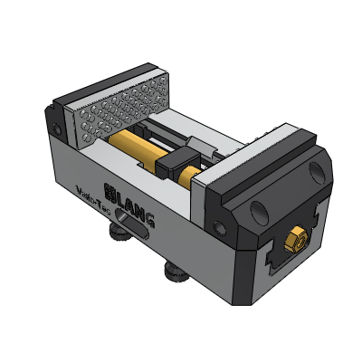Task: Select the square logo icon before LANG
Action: (x=112, y=192)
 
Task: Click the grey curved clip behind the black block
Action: (x=203, y=148)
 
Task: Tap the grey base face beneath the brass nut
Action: (x=299, y=271)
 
